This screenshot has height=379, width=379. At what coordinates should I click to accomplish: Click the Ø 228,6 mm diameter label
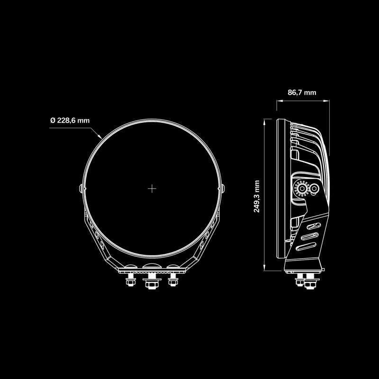(70, 120)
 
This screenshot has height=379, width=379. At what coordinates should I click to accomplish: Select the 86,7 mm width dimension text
(302, 92)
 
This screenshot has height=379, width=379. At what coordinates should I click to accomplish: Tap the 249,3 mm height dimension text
(257, 196)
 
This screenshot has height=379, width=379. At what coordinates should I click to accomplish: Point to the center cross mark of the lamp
(152, 189)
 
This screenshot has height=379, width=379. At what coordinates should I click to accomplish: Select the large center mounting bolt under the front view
(151, 282)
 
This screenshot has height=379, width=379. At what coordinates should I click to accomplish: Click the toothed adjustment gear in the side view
(300, 189)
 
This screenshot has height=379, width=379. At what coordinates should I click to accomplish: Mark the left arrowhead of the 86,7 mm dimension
(278, 100)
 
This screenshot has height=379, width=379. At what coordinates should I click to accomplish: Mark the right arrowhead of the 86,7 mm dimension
(326, 100)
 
